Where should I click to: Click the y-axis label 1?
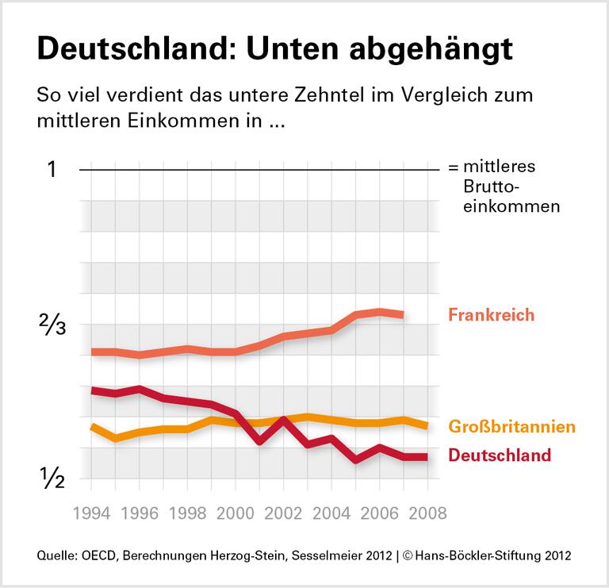[52, 170]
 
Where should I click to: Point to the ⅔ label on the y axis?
[52, 325]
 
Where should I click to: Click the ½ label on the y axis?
[52, 478]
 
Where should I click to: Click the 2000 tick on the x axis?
[235, 513]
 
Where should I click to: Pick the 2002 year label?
[283, 513]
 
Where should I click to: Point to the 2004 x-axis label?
[331, 513]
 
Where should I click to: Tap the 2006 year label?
[379, 513]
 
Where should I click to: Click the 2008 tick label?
[427, 513]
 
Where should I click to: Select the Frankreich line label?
[491, 315]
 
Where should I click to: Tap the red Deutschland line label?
[499, 455]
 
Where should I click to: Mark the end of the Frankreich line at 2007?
[404, 315]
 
